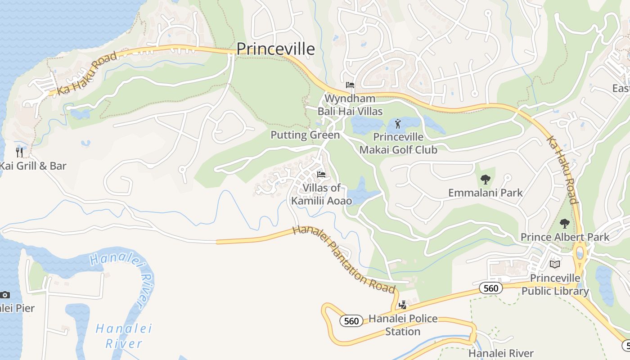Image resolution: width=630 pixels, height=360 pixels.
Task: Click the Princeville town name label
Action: tap(275, 49)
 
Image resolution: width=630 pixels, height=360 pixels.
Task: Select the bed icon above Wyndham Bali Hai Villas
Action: tap(350, 85)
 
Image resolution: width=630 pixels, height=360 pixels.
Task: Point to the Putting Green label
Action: tap(305, 135)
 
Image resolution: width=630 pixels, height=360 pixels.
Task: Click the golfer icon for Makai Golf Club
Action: tap(398, 123)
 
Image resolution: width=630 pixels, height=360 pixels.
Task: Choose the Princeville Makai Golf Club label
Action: tap(398, 143)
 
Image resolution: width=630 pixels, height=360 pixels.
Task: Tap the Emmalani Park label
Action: tap(486, 193)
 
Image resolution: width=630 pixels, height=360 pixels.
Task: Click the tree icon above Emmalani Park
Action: tap(485, 180)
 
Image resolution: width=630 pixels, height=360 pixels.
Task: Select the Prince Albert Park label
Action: tap(565, 237)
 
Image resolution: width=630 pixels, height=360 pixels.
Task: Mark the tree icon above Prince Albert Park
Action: tap(564, 223)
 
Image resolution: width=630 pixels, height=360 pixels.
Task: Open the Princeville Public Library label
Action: tap(555, 284)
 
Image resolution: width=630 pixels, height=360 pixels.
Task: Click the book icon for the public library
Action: tap(555, 264)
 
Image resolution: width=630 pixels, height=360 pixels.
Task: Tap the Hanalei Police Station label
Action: tap(403, 325)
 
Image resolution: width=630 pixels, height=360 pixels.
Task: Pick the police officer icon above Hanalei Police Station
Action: tap(403, 305)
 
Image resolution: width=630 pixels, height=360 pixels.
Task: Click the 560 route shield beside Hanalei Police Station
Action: tap(351, 321)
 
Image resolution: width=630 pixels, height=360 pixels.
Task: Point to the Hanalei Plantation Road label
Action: tap(344, 260)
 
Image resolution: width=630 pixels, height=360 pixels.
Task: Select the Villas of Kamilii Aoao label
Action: tap(321, 194)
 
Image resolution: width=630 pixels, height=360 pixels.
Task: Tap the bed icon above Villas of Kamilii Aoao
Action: tap(321, 174)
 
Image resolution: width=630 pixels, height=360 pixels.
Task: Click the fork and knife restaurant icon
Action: tap(19, 152)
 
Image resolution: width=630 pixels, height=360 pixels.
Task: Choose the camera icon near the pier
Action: tap(5, 295)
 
